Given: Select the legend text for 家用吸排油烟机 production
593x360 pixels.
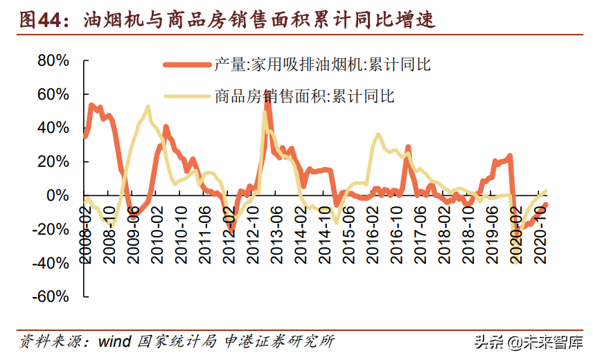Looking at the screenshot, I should [x=322, y=65].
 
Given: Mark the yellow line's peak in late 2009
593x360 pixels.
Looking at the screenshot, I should [x=148, y=107].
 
